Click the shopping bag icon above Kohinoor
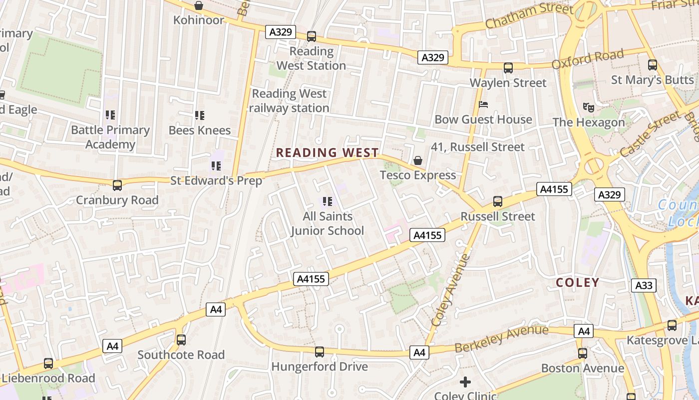click(199, 5)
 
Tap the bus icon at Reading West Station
click(312, 36)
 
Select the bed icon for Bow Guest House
click(483, 104)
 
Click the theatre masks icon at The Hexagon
click(589, 107)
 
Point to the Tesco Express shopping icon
click(418, 160)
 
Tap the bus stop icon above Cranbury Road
click(117, 185)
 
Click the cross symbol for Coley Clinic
click(465, 382)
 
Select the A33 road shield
click(644, 285)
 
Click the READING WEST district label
click(328, 152)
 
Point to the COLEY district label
click(578, 282)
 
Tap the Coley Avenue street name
click(451, 290)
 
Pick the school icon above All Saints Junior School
click(328, 201)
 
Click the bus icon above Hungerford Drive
click(320, 352)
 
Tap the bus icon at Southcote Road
click(181, 340)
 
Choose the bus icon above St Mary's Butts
click(653, 65)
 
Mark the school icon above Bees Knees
click(200, 115)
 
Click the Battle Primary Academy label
click(110, 137)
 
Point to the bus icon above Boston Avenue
click(583, 353)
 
